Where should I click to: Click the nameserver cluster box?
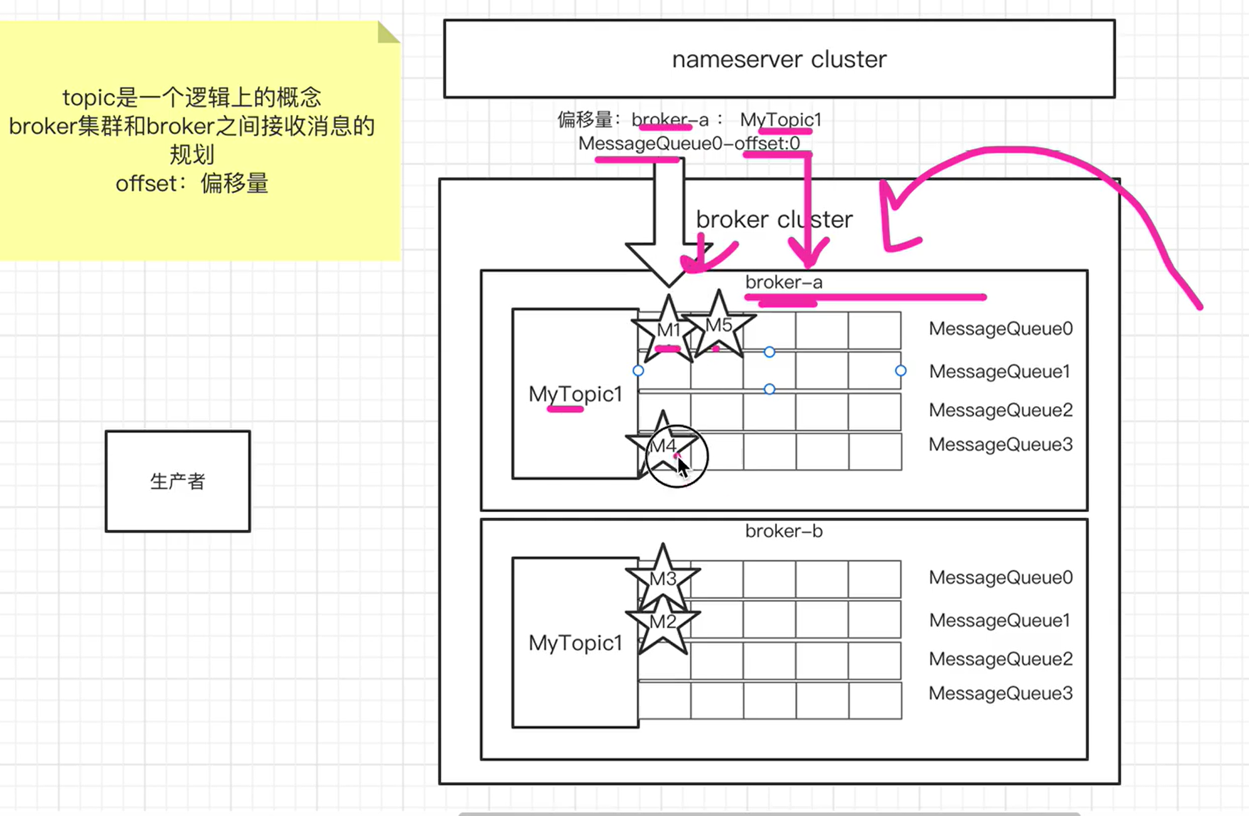[779, 59]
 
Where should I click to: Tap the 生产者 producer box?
[178, 481]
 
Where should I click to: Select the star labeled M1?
[668, 330]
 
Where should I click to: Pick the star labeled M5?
[719, 326]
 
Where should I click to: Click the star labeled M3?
[663, 579]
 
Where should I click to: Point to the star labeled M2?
[663, 623]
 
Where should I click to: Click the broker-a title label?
[783, 282]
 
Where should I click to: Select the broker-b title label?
[783, 532]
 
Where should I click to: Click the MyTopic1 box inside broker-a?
[575, 394]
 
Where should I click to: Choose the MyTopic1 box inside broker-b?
[575, 643]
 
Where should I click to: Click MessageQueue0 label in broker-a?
[1000, 329]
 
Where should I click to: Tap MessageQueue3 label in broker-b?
[1000, 694]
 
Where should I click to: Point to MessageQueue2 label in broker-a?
[1000, 411]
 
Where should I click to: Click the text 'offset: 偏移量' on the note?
[191, 184]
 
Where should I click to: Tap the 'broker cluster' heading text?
[774, 220]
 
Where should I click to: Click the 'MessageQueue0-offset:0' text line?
[689, 144]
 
